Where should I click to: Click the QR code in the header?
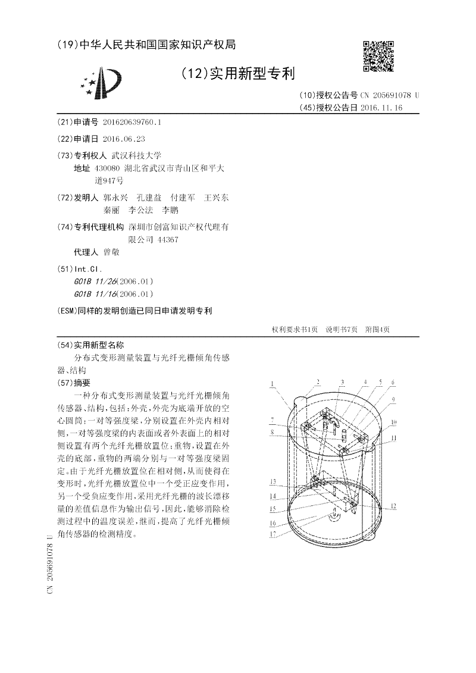point(378,56)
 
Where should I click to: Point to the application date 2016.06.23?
point(124,138)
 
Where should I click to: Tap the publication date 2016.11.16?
point(381,108)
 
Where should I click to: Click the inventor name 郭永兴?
point(115,197)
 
